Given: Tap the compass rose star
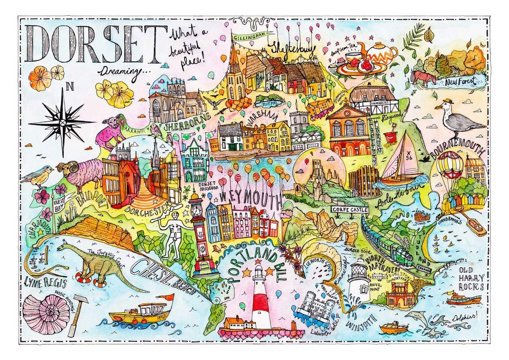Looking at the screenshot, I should coord(62,121).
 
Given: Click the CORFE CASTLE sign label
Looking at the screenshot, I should coord(349,209).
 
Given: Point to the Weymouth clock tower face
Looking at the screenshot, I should coord(196,210).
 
